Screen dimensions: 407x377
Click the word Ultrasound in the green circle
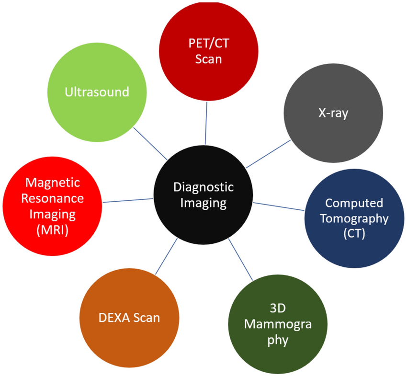[97, 92]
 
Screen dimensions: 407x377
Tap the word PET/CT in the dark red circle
[209, 43]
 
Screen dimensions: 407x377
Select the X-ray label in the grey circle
[333, 113]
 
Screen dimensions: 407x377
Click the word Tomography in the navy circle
[354, 218]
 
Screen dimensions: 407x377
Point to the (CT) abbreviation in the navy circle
[354, 233]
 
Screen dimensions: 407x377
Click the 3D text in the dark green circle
[278, 308]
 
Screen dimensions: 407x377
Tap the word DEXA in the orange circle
[114, 318]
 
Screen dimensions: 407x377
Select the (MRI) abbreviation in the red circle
[53, 230]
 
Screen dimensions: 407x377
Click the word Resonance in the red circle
[53, 198]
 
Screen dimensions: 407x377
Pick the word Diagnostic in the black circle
[203, 187]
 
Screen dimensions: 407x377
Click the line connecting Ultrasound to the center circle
[150, 144]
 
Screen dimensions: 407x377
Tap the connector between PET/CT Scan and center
[206, 123]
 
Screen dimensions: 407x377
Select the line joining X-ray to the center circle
[268, 154]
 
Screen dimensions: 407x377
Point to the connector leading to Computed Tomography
[279, 206]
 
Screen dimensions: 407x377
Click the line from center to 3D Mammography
[240, 259]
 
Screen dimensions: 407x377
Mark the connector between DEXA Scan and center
[166, 256]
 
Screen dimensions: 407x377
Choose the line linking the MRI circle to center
[128, 200]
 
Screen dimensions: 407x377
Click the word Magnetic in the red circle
[53, 183]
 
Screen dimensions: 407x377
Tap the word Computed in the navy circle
[354, 203]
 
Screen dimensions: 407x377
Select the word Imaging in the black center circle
[203, 203]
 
